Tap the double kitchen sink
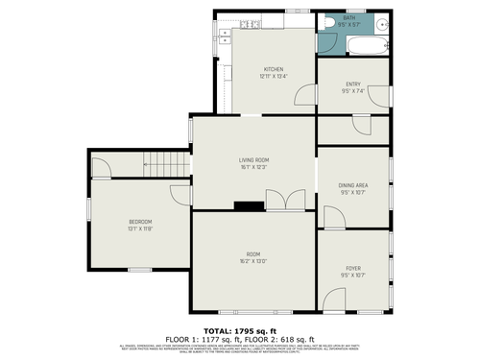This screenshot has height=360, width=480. (x=222, y=39)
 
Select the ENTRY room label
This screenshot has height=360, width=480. (x=353, y=85)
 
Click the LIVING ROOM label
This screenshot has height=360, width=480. (x=253, y=160)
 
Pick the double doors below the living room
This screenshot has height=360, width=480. (x=287, y=201)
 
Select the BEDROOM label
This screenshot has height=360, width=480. (x=141, y=222)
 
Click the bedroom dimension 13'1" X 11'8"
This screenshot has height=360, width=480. (x=141, y=228)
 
